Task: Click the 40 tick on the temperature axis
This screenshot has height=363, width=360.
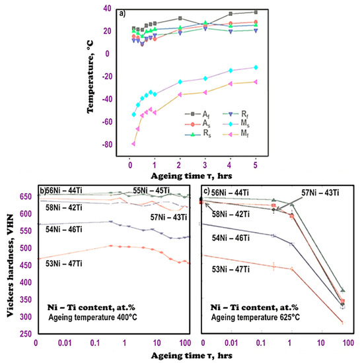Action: (119, 9)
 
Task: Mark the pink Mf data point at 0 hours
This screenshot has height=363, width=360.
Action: (133, 143)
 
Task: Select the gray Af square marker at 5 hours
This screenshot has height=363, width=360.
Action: (256, 12)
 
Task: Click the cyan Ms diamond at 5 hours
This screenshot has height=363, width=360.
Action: (256, 67)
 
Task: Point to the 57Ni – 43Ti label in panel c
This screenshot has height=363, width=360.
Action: (315, 193)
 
